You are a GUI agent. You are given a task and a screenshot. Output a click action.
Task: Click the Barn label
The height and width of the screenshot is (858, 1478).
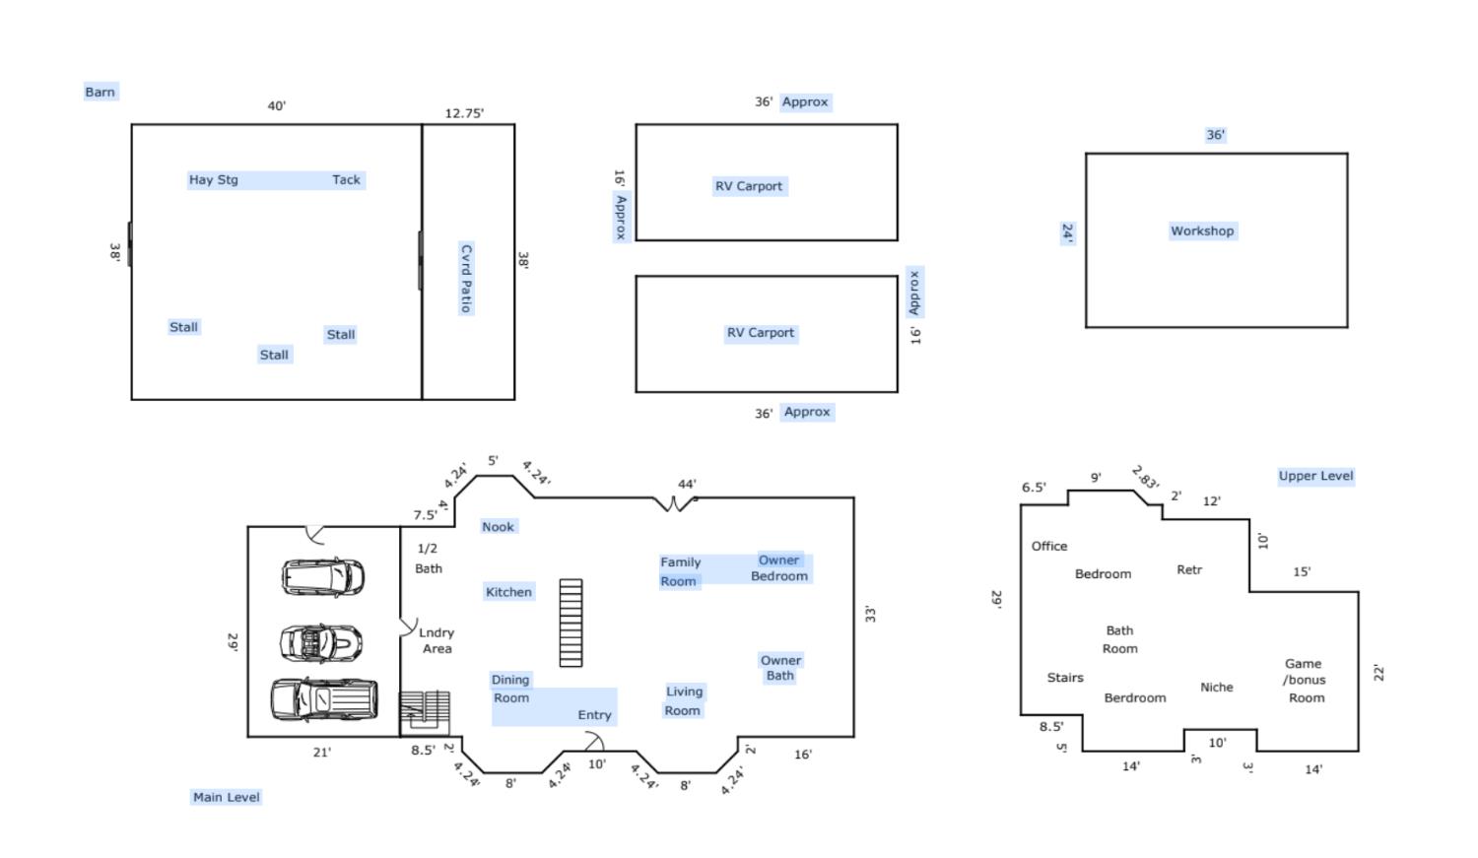100,92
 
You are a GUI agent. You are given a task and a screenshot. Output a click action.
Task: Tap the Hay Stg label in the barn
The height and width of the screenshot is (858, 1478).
213,179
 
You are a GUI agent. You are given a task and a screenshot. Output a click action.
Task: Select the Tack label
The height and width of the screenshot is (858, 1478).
346,179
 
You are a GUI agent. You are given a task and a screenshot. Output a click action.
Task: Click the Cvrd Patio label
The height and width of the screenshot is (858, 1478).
466,279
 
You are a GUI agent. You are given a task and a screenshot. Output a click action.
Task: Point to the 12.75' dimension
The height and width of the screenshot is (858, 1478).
464,112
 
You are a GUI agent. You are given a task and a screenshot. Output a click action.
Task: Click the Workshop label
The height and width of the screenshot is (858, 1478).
1201,231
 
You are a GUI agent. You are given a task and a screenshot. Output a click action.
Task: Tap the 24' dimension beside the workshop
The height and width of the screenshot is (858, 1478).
1067,232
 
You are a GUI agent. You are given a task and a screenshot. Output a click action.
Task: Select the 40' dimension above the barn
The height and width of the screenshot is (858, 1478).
277,105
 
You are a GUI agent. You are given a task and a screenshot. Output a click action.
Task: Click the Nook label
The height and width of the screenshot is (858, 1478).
498,526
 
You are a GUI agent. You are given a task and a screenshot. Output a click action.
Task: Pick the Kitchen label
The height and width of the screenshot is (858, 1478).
508,592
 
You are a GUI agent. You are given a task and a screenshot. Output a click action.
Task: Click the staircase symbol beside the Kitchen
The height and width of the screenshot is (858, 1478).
571,623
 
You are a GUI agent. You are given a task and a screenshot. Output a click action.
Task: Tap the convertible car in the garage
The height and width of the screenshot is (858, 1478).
320,642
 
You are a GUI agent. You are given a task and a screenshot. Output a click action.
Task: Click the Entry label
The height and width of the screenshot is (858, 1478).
594,715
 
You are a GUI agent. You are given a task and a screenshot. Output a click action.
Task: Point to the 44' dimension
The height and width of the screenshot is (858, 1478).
686,484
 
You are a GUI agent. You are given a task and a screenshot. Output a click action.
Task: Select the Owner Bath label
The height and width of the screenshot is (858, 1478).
780,668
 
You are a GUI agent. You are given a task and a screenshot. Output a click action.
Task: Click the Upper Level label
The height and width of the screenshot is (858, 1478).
1315,476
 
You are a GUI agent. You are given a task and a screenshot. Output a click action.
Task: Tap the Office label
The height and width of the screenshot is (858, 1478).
1049,546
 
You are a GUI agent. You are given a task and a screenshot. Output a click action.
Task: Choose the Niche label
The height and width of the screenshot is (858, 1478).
1217,688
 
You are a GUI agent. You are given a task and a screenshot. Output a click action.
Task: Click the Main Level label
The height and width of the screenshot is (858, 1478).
226,797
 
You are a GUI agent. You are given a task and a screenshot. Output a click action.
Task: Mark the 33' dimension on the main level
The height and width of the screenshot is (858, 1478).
870,614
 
